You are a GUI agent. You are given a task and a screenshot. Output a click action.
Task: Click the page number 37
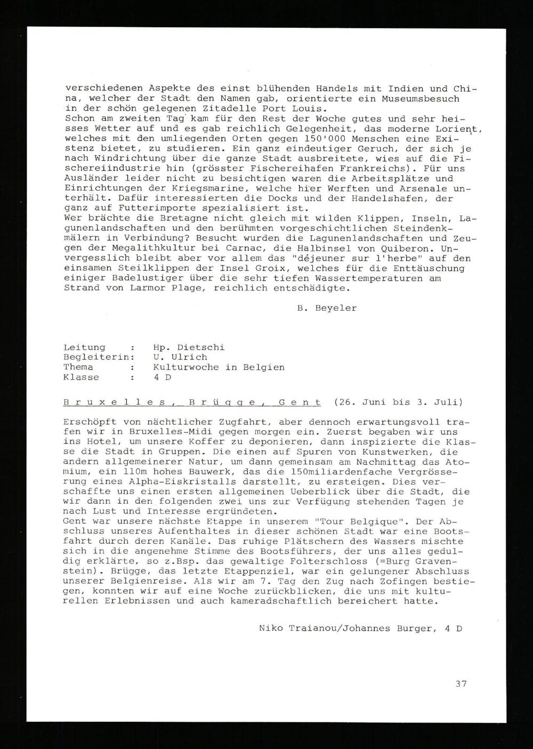click(461, 683)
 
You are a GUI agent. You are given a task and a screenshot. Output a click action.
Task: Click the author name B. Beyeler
click(327, 308)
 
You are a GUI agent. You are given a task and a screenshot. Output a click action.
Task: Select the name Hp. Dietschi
click(189, 347)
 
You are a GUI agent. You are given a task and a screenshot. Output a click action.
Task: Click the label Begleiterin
click(96, 357)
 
